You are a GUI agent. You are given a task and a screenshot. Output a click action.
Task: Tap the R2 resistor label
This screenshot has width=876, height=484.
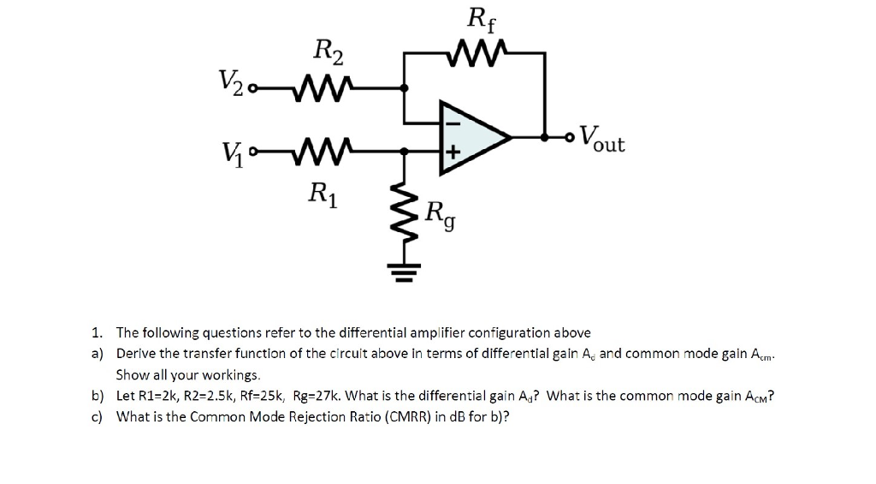click(x=328, y=53)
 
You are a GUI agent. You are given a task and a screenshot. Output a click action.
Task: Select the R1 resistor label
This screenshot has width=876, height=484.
click(x=323, y=196)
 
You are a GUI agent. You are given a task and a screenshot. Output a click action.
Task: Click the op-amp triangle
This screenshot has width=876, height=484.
click(x=473, y=135)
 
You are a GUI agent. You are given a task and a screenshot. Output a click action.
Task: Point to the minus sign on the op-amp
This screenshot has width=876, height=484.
click(x=454, y=122)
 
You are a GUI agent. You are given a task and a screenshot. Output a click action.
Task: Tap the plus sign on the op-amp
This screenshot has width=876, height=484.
click(x=454, y=152)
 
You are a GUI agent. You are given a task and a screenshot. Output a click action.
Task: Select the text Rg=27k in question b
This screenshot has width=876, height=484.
click(x=317, y=396)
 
